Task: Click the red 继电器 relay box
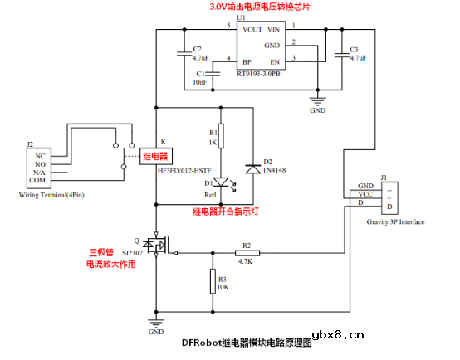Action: [155, 156]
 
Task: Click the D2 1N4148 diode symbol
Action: [252, 168]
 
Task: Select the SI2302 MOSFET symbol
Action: [154, 246]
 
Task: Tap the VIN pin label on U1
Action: [273, 30]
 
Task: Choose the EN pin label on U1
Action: [275, 61]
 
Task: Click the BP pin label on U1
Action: [246, 61]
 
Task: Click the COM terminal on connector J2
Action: [38, 180]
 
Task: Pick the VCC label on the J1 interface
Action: [365, 194]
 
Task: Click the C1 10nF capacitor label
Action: [200, 78]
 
